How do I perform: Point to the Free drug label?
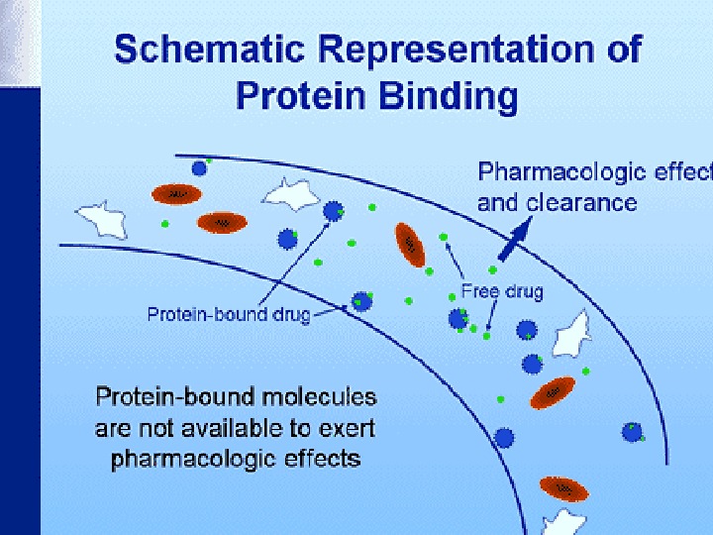pos(502,292)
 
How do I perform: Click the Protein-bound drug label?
pos(229,315)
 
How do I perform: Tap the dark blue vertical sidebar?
pos(20,267)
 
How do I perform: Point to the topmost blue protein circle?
pos(200,168)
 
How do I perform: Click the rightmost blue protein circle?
pos(631,431)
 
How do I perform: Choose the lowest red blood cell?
pos(563,488)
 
